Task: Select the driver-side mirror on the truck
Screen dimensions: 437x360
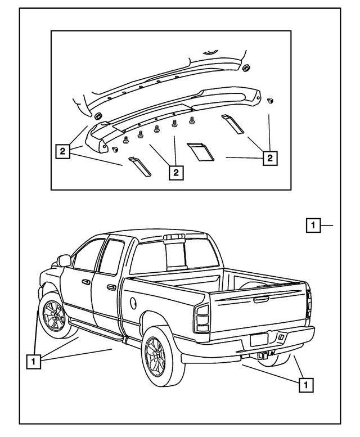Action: pos(65,260)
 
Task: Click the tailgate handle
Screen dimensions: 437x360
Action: pos(260,300)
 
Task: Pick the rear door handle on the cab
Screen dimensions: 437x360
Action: pos(112,287)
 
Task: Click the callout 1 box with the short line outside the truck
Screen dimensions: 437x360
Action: pos(313,225)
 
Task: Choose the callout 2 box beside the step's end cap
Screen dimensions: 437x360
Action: pos(63,151)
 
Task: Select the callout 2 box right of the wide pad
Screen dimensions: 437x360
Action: pos(270,159)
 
